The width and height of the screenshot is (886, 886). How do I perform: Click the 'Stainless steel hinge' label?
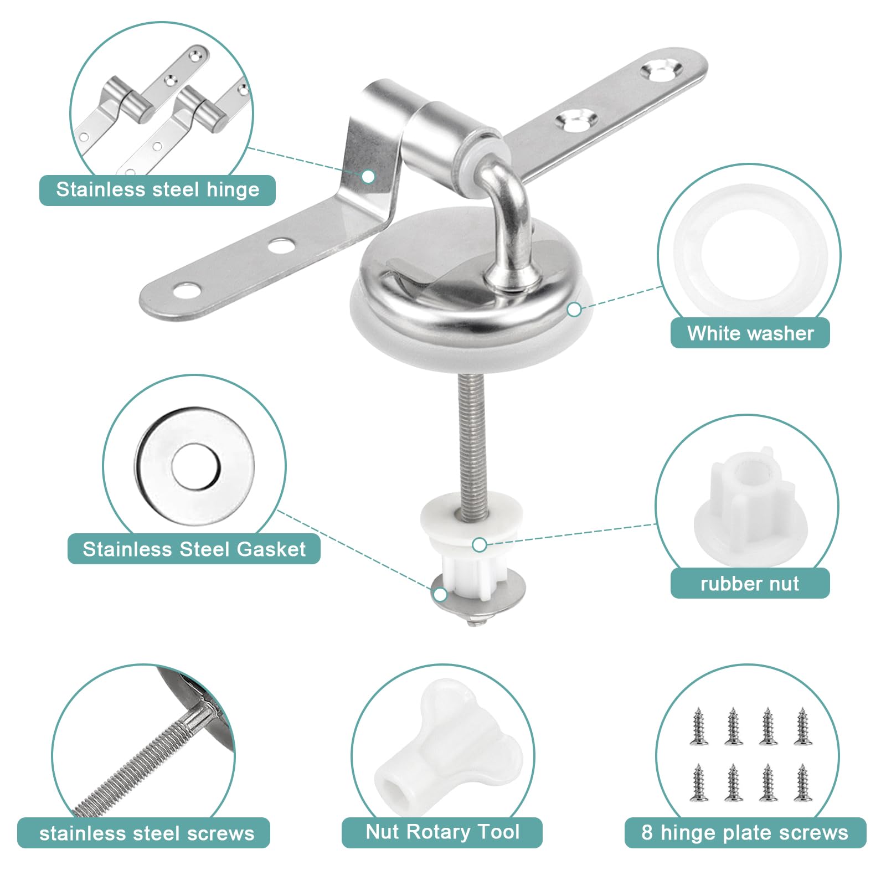158,190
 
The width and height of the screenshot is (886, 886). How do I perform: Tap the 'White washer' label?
750,333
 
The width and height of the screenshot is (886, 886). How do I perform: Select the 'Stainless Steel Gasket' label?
194,549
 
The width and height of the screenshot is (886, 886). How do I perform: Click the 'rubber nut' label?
750,584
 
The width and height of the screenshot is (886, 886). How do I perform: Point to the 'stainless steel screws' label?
147,833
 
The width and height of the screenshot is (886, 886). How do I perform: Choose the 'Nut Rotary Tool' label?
442,832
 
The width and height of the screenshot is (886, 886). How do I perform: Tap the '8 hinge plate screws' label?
745,833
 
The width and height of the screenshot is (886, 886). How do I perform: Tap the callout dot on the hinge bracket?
368,177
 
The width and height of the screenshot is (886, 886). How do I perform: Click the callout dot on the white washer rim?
574,310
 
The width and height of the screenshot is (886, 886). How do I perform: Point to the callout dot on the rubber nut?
480,545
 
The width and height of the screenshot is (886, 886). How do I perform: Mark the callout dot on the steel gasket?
440,595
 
